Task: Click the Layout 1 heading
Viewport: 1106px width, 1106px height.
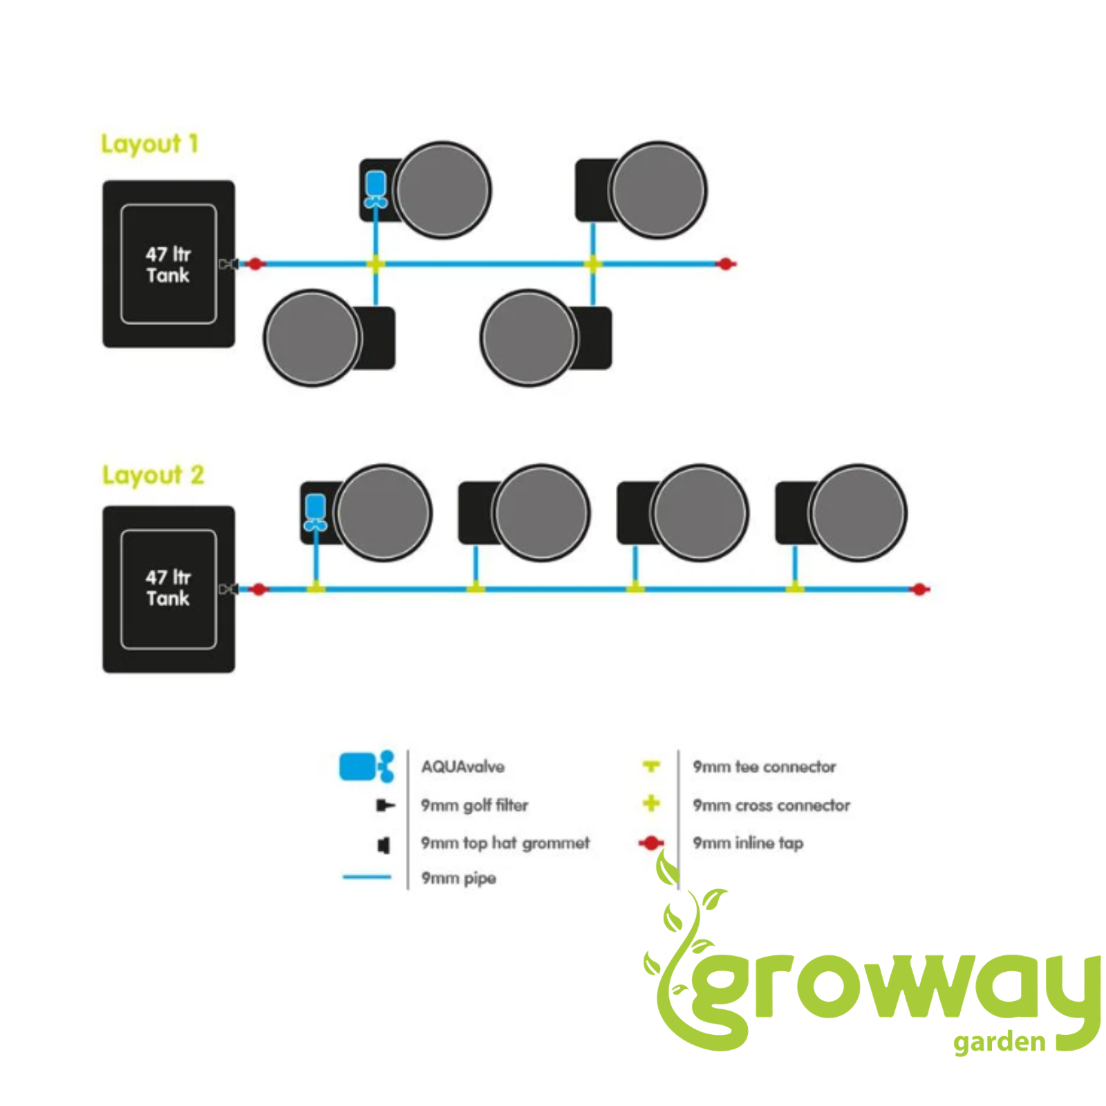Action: tap(149, 144)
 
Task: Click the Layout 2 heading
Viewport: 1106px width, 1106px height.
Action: tap(153, 475)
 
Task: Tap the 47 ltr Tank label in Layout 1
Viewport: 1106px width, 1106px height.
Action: tap(167, 265)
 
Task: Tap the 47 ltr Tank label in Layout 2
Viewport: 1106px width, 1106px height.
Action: tap(167, 588)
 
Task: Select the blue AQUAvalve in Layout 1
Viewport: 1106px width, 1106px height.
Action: tap(375, 189)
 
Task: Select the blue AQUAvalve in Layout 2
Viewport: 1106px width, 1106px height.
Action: tap(315, 512)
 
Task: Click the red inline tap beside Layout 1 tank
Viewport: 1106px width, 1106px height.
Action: tap(255, 263)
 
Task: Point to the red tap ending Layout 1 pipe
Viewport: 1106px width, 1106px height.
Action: tap(725, 263)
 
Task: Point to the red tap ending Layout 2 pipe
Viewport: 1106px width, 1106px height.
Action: tap(919, 589)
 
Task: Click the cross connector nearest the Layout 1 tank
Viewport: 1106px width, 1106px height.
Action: tap(375, 263)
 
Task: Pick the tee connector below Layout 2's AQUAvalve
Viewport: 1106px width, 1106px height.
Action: tap(316, 587)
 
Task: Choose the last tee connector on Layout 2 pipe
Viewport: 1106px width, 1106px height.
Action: tap(795, 587)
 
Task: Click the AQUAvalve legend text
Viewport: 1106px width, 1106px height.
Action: tap(463, 767)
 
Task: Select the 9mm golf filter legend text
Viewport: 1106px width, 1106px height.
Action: tap(474, 805)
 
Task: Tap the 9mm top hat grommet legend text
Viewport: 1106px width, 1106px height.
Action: tap(505, 843)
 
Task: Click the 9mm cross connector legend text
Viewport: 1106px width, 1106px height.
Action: tap(771, 805)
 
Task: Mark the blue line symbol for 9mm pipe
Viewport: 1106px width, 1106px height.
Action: tap(367, 877)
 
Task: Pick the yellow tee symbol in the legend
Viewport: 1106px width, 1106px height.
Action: tap(651, 766)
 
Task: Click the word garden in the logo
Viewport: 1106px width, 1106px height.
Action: tap(999, 1042)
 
